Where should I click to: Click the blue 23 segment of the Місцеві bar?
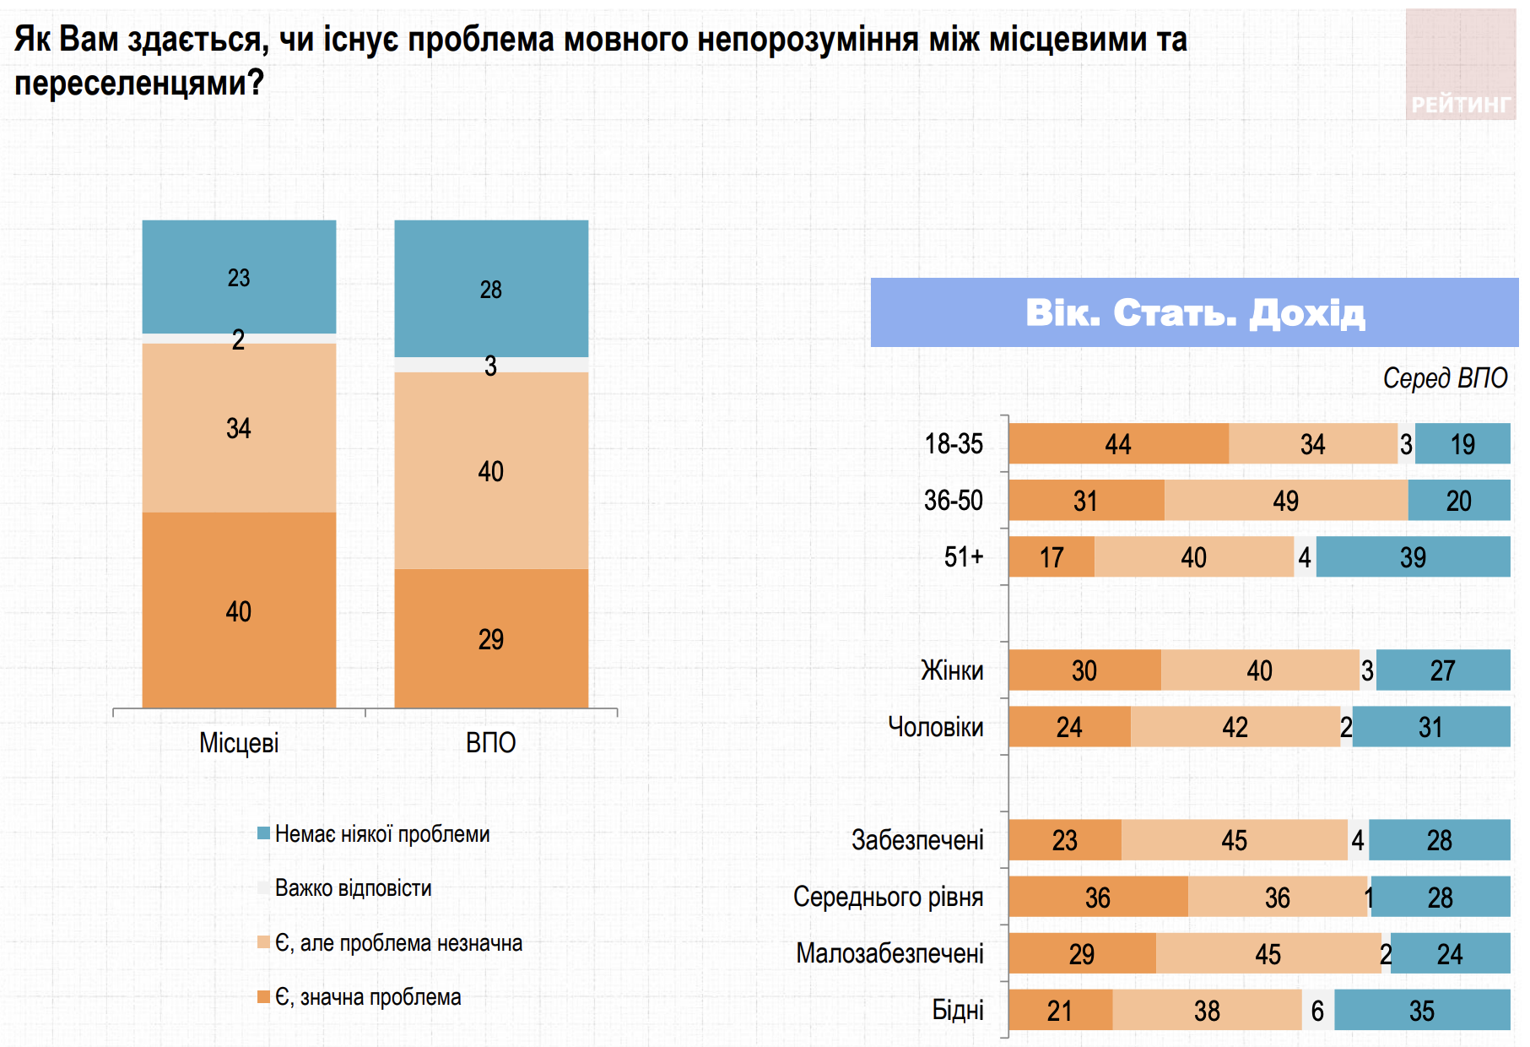tap(239, 277)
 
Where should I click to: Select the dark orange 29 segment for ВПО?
tap(491, 638)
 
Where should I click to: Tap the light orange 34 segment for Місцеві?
tap(239, 428)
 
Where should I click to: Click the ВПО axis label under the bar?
tap(490, 743)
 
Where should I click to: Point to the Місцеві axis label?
tap(239, 743)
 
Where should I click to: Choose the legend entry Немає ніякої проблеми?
tap(381, 834)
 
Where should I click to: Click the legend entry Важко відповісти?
tap(353, 888)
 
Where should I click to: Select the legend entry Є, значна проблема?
tap(368, 997)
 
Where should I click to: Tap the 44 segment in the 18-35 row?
tap(1118, 444)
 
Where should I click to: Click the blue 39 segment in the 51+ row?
tap(1413, 557)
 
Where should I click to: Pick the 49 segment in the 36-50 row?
tap(1285, 501)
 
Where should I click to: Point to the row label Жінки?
tap(952, 670)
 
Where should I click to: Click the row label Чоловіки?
tap(935, 727)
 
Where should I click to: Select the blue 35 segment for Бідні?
tap(1422, 1011)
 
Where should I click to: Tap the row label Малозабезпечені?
tap(889, 953)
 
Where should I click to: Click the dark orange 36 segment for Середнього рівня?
tap(1097, 897)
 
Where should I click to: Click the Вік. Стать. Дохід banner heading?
tap(1194, 312)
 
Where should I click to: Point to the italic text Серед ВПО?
tap(1445, 378)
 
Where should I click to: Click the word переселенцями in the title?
tap(132, 83)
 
